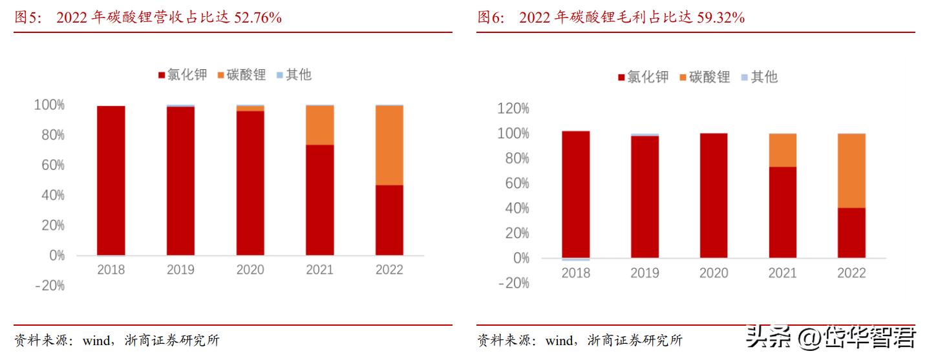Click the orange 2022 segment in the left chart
[389, 145]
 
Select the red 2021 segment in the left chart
[320, 200]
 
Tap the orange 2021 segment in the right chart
[782, 150]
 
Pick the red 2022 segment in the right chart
[851, 233]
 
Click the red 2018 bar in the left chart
[111, 180]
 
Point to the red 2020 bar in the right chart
[713, 195]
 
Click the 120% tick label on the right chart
[513, 109]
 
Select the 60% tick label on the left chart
[49, 165]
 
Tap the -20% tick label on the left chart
[49, 285]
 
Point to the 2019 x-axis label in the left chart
[180, 270]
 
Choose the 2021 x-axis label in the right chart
[782, 273]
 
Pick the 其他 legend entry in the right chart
[759, 77]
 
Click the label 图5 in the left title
[27, 18]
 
